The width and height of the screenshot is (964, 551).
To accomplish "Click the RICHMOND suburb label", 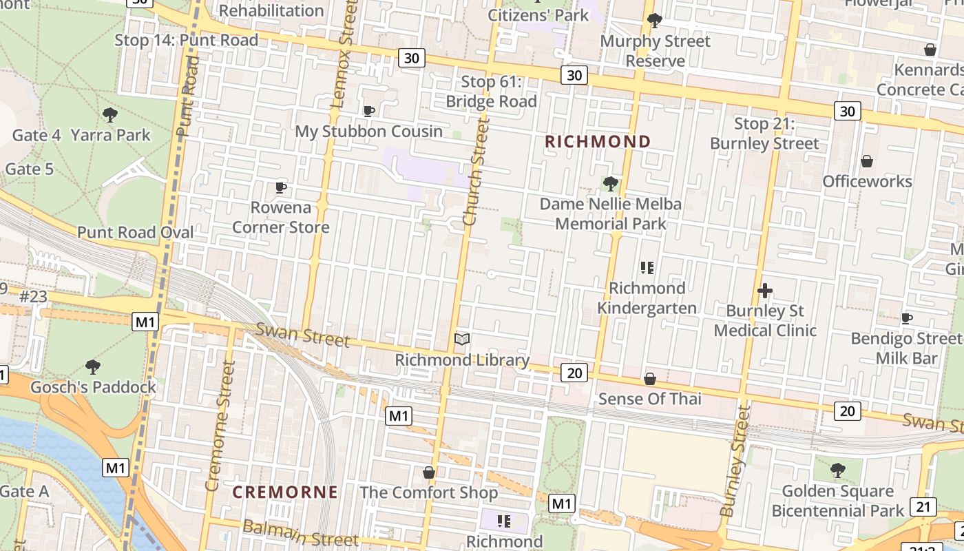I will [598, 142].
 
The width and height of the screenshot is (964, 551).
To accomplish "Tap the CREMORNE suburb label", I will [285, 492].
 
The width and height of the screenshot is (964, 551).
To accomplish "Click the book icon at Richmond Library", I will [463, 339].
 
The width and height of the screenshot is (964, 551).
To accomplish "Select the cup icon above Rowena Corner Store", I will [280, 187].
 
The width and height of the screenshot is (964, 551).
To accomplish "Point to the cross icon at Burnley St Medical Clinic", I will [764, 291].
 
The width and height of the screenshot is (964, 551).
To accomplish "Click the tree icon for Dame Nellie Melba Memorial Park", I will [610, 184].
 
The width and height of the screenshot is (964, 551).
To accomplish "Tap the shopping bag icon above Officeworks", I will [867, 161].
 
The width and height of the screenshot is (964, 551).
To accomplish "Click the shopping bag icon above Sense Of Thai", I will [649, 379].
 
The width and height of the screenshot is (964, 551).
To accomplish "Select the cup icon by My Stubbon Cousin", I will [369, 111].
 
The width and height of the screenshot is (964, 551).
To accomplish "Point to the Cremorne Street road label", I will [221, 425].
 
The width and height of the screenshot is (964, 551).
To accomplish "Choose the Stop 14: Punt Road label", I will [186, 40].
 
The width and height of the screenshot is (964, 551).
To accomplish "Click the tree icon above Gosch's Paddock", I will [93, 367].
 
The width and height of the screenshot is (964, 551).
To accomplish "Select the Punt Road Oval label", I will [136, 232].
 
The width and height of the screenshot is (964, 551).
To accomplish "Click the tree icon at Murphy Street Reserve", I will [655, 21].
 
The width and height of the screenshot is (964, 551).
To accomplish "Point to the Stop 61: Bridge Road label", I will [491, 92].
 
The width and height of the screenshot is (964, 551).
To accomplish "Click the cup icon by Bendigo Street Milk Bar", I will [907, 318].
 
